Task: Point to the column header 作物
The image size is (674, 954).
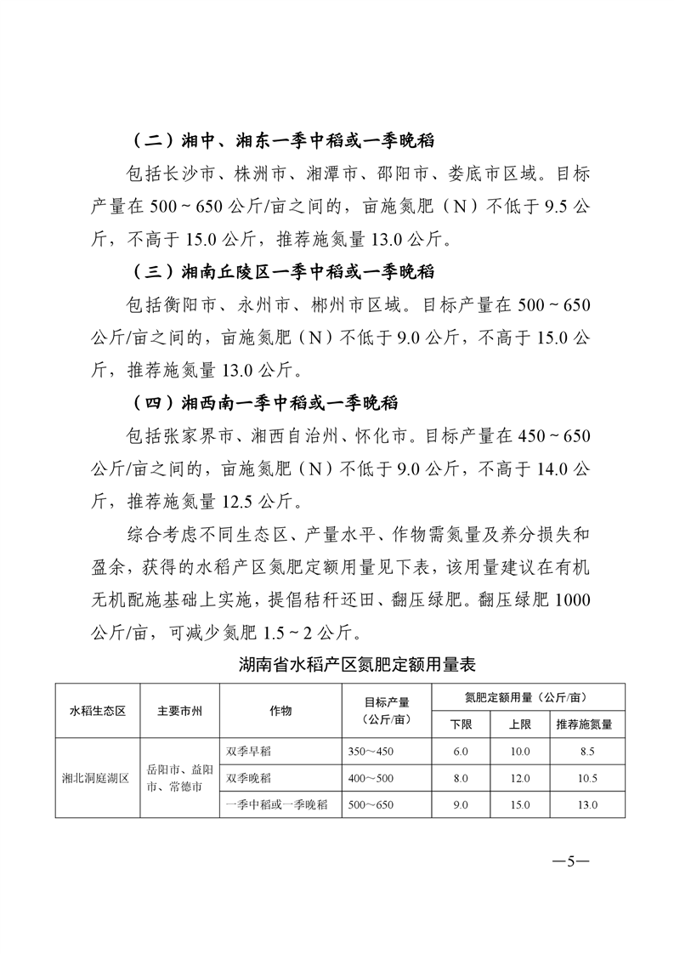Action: (x=280, y=711)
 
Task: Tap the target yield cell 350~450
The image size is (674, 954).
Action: (x=372, y=752)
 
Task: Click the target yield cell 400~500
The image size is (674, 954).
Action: (x=372, y=778)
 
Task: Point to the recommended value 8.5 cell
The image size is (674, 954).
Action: (x=586, y=752)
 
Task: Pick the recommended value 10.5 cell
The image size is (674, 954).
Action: (x=586, y=778)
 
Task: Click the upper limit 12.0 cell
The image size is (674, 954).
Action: (x=520, y=778)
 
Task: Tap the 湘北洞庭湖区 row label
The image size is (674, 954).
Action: (x=95, y=778)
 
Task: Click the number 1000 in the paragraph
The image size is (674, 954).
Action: (x=570, y=599)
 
